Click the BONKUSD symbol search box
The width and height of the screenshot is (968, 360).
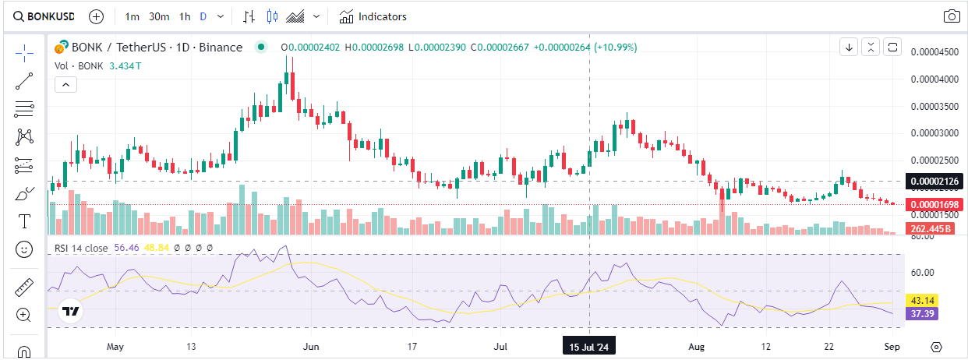point(44,16)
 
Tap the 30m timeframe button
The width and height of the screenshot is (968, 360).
point(159,16)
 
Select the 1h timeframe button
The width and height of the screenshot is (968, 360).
point(184,16)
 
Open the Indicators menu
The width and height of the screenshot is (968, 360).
point(373,16)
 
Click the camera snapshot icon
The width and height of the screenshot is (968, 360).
point(951,16)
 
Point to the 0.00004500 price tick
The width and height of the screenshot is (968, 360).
point(936,52)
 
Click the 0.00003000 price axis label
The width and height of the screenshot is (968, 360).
point(936,133)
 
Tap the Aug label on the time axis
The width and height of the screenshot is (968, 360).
point(697,346)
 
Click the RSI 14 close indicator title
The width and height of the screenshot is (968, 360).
point(81,248)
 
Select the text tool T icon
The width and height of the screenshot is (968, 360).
point(24,221)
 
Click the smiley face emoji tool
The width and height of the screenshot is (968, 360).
point(24,249)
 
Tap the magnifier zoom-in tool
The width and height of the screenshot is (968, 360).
point(24,315)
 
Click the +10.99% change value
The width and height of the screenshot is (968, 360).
point(616,48)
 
